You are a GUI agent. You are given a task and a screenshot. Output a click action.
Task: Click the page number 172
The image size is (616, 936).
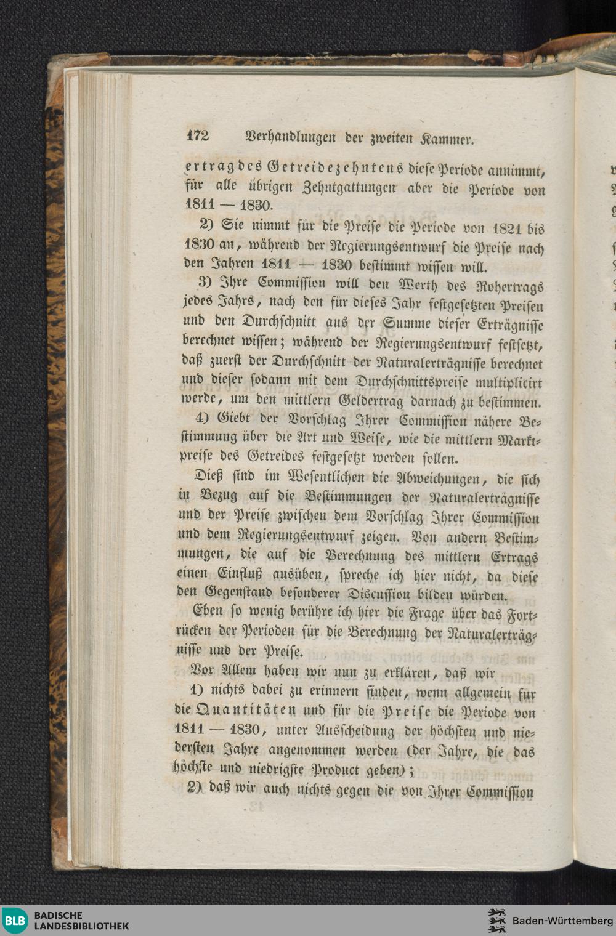coord(198,136)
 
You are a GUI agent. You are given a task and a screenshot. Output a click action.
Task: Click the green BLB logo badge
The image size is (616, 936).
coord(15,921)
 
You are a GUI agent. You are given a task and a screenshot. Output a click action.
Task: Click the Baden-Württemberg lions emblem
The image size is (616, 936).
coord(496,921)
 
